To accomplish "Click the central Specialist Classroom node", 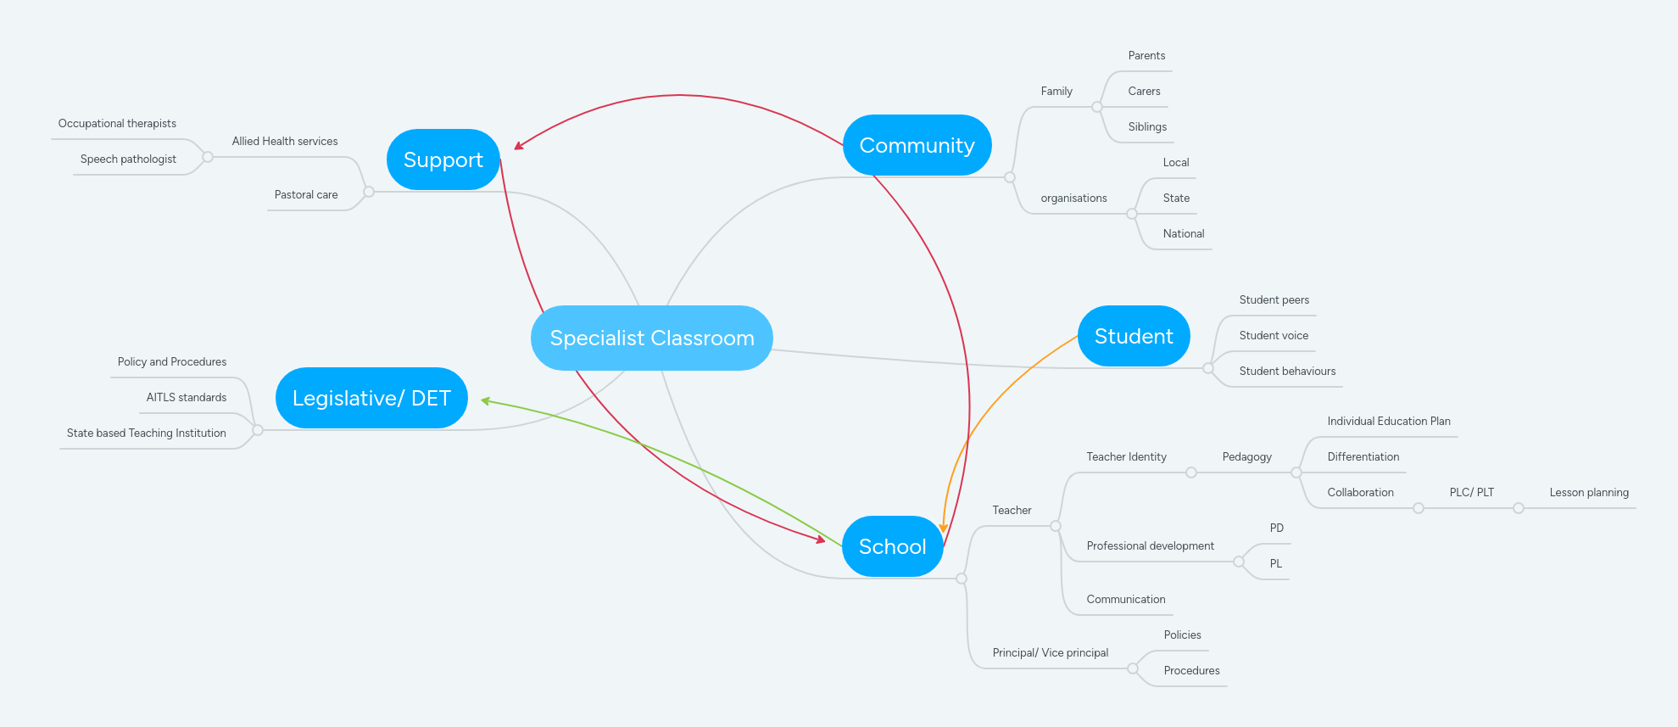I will point(651,338).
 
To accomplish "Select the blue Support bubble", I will point(443,159).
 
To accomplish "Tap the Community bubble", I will point(917,145).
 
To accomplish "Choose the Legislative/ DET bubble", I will point(371,398).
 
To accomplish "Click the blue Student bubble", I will point(1133,336).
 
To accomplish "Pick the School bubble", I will point(892,546).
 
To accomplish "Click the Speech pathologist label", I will point(128,159).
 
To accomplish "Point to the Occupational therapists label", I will point(117,123).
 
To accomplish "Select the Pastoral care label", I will point(306,194).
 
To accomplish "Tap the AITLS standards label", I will point(186,397).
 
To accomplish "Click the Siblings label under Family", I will point(1147,126).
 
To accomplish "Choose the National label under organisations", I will point(1183,233).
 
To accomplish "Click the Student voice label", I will point(1274,335).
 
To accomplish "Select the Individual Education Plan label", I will point(1388,421).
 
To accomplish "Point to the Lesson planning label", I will point(1588,492).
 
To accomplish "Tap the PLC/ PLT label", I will point(1471,492).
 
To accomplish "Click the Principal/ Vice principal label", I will point(1050,652).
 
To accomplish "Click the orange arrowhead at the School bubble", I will point(943,528).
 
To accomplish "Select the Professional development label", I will point(1150,545).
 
